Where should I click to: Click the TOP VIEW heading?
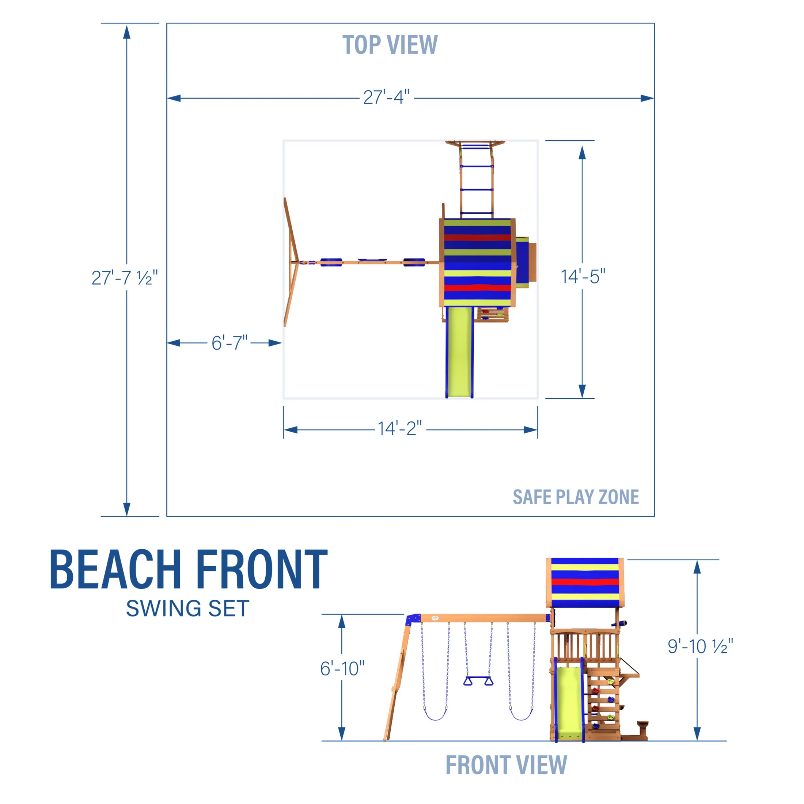[x=390, y=45]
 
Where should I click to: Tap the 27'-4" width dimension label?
[x=386, y=97]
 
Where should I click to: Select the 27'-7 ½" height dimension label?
[x=124, y=278]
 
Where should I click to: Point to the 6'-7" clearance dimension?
[x=229, y=343]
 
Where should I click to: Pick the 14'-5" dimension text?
[x=583, y=277]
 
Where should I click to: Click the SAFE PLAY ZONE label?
[x=576, y=497]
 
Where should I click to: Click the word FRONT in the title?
[x=261, y=570]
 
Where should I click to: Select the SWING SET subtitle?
[x=188, y=609]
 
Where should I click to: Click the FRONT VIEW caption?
[x=506, y=765]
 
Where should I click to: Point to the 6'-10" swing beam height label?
[x=342, y=669]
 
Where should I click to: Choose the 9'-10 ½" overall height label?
[x=700, y=646]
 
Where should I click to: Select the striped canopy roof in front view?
[x=585, y=583]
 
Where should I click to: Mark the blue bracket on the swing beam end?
[x=414, y=619]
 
